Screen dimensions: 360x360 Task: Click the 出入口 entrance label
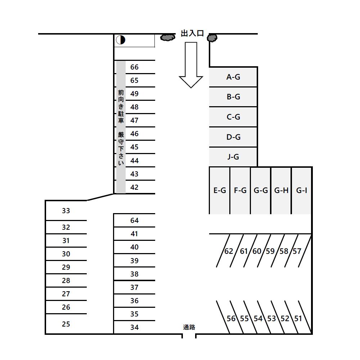tap(192, 33)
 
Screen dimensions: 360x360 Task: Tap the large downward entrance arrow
tap(191, 65)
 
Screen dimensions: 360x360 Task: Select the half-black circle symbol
tap(121, 40)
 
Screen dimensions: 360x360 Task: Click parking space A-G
tap(233, 77)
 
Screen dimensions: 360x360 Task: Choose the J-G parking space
tap(233, 157)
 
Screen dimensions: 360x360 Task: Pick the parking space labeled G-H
tap(281, 190)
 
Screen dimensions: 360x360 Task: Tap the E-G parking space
tap(220, 190)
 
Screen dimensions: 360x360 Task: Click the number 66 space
tap(134, 67)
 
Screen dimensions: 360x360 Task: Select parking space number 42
tap(134, 187)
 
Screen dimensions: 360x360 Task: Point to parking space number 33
tap(66, 211)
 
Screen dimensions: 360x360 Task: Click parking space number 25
tap(66, 324)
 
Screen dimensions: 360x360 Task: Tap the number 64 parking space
tap(134, 220)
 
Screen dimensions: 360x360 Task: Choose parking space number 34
tap(134, 327)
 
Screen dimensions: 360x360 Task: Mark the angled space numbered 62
tap(229, 251)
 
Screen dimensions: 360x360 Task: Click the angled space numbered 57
tap(297, 251)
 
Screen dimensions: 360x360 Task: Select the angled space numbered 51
tap(298, 319)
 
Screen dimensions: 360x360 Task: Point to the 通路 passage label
tap(189, 327)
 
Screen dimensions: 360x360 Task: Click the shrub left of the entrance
tap(167, 37)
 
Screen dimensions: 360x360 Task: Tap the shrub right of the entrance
tap(212, 38)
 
